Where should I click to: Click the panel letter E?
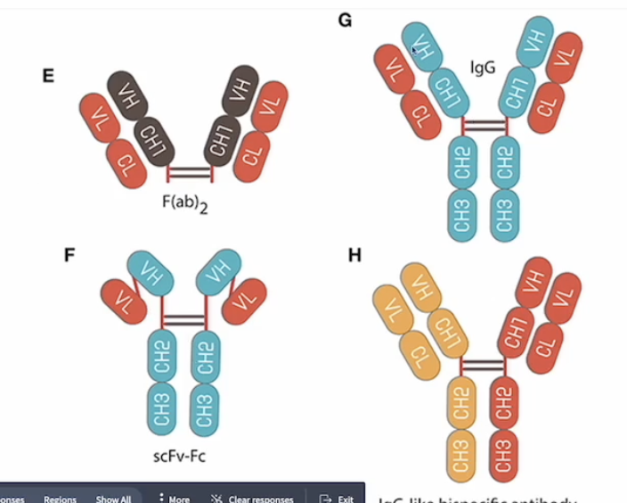pos(48,75)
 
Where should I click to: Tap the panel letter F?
pos(69,255)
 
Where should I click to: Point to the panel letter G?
pos(346,19)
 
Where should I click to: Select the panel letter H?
pos(354,256)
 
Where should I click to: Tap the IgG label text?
pos(483,67)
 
